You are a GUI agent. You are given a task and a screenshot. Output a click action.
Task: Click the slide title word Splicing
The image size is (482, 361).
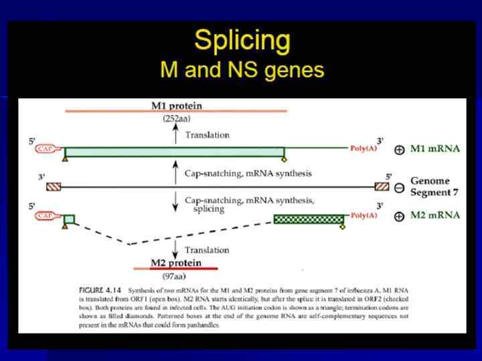pyautogui.click(x=242, y=41)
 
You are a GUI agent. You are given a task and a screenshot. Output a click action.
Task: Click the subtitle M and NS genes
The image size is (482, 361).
pyautogui.click(x=242, y=69)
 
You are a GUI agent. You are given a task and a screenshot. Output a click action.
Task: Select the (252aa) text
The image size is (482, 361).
pyautogui.click(x=176, y=119)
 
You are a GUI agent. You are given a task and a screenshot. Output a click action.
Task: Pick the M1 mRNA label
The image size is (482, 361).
pyautogui.click(x=436, y=149)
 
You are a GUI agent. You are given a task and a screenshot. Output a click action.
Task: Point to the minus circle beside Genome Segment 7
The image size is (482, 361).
pyautogui.click(x=399, y=188)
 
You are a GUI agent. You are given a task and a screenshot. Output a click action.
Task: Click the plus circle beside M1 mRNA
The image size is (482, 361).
pyautogui.click(x=399, y=150)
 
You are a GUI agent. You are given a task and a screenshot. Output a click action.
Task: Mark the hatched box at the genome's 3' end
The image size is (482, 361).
pyautogui.click(x=54, y=187)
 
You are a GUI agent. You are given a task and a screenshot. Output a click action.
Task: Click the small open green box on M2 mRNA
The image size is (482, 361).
pyautogui.click(x=70, y=218)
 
